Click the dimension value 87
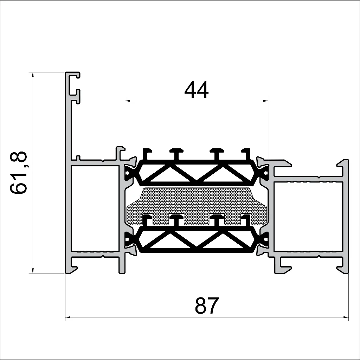(207, 306)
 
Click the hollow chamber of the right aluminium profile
(308, 216)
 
